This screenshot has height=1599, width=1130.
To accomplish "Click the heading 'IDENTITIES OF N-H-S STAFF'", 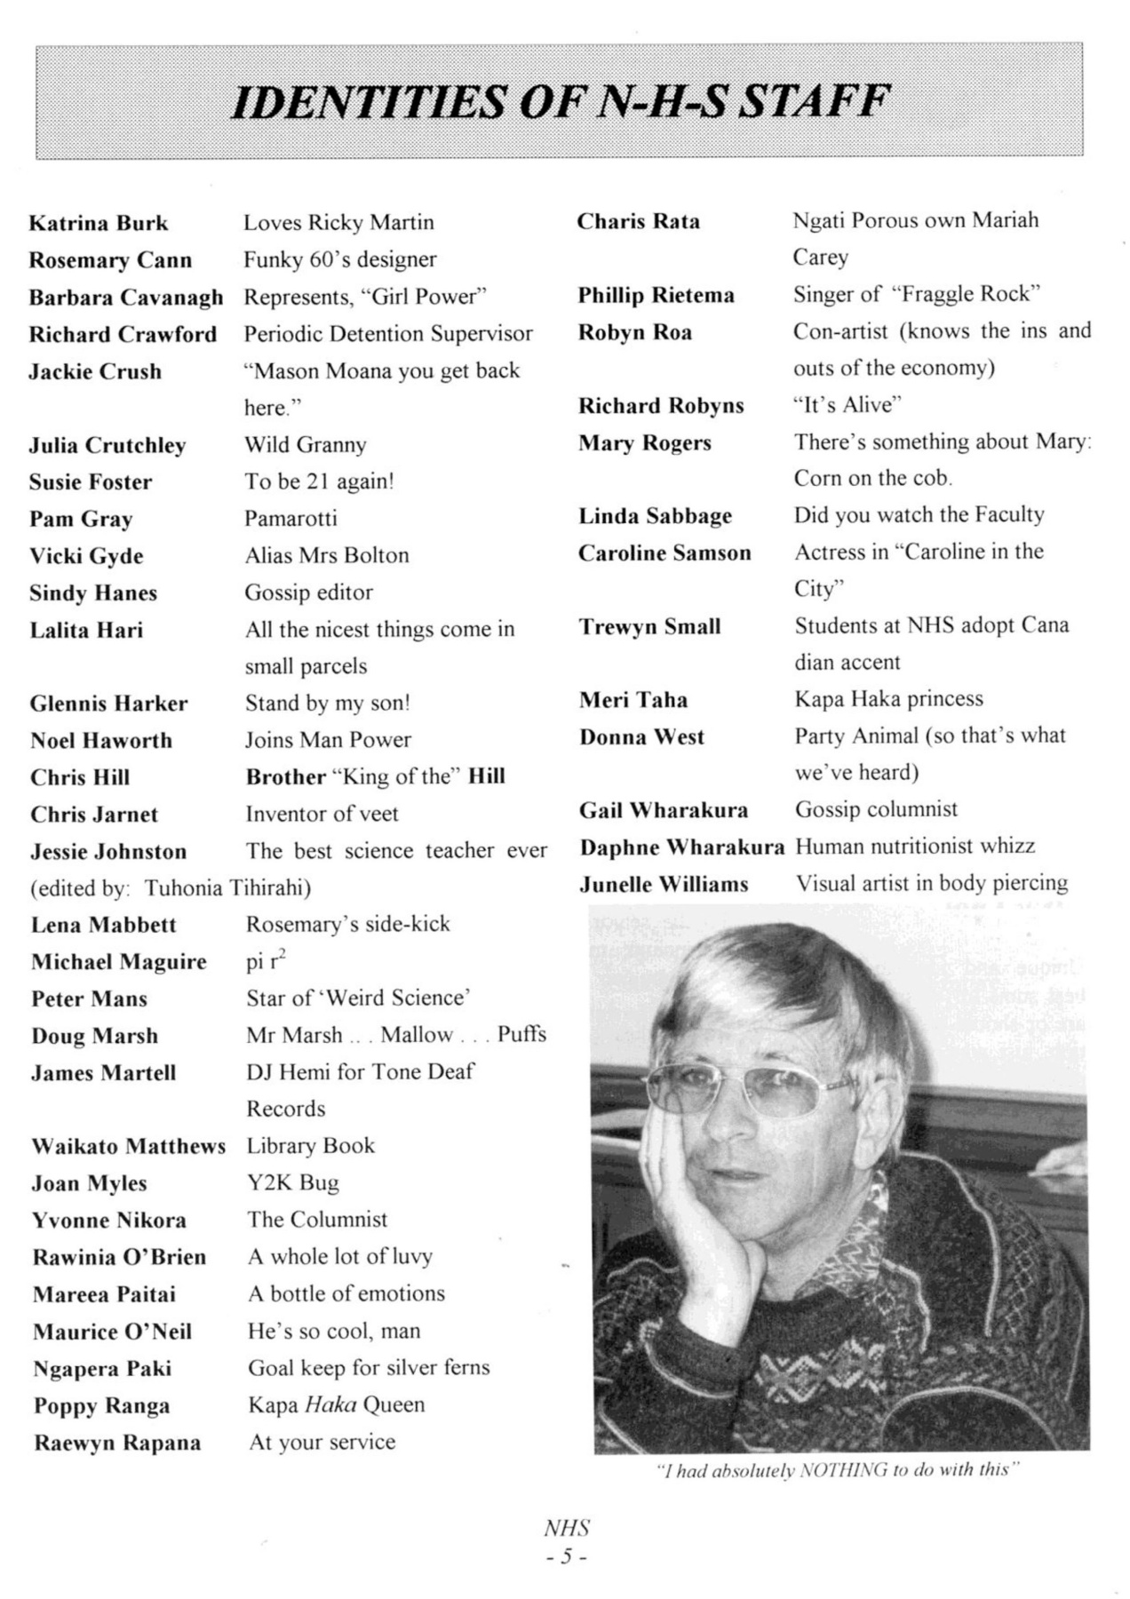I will coord(560,101).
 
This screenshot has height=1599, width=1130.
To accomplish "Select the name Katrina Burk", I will coord(99,223).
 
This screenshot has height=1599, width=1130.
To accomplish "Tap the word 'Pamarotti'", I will coord(290,518).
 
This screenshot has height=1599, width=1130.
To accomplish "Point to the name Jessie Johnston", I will coord(108,852).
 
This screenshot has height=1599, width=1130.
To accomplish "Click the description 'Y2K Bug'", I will coord(292,1182).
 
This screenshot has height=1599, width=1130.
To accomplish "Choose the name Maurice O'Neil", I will coord(112,1332).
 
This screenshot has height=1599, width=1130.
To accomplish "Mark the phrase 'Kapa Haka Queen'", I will coord(336,1404).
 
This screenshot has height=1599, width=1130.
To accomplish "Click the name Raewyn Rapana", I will coord(117,1443).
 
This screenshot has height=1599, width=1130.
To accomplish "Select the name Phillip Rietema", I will coord(656,295).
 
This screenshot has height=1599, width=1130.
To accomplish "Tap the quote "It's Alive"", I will coord(847,405).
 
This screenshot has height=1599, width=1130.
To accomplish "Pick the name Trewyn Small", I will coord(649,626).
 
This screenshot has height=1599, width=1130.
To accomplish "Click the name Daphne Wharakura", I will coord(682,847).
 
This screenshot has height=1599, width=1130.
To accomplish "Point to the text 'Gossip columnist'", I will coord(876,809).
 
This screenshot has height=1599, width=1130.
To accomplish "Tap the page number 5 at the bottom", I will coord(566,1556).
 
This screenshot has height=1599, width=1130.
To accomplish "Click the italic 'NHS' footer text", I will coord(566,1528).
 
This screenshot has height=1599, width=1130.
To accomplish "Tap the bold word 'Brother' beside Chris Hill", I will coord(285,776).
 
